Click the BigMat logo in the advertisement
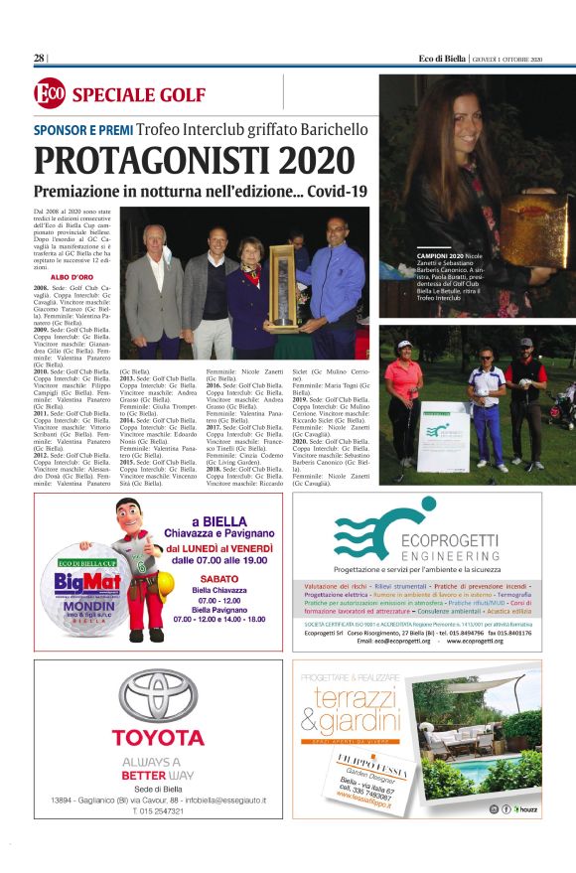coord(76,580)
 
